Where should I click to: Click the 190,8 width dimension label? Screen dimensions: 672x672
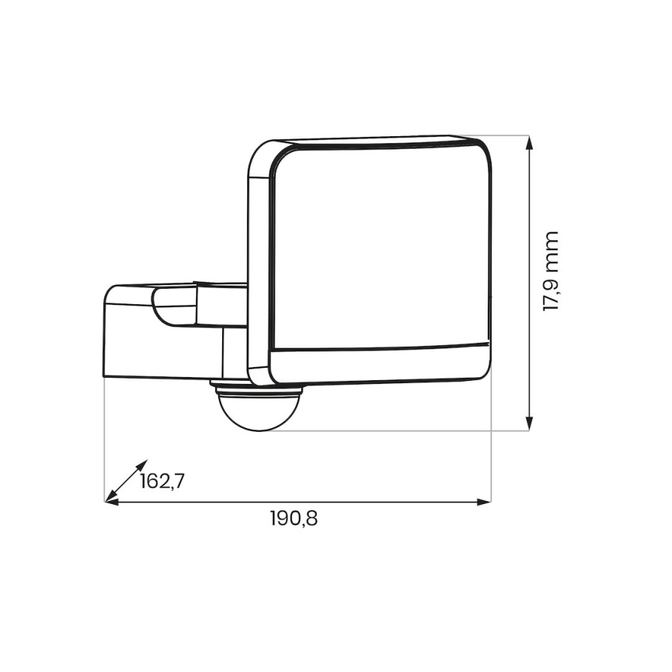tap(293, 519)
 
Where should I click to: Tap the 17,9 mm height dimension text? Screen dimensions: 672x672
tap(551, 271)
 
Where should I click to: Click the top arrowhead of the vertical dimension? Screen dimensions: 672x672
tap(530, 143)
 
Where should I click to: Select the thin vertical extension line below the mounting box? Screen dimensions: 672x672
tap(105, 441)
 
